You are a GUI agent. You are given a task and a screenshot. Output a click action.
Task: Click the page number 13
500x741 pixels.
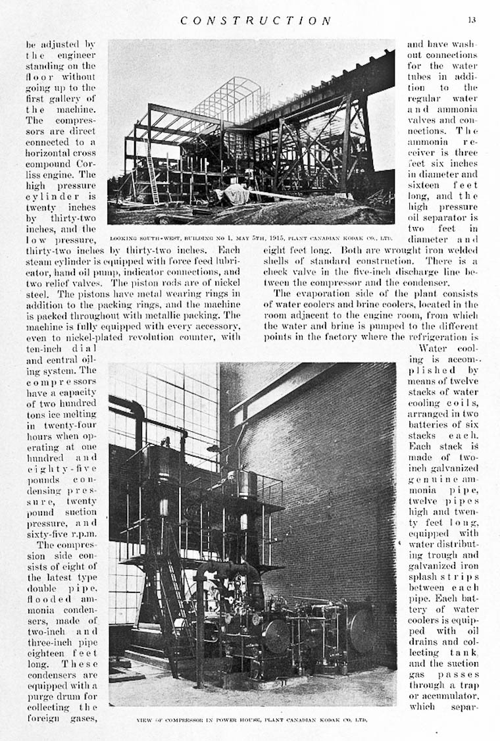[x=472, y=20]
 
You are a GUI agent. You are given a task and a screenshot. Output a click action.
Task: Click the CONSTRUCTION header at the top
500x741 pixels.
[x=257, y=20]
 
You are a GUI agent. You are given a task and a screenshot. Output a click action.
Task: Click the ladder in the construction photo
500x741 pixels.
[x=153, y=174]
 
